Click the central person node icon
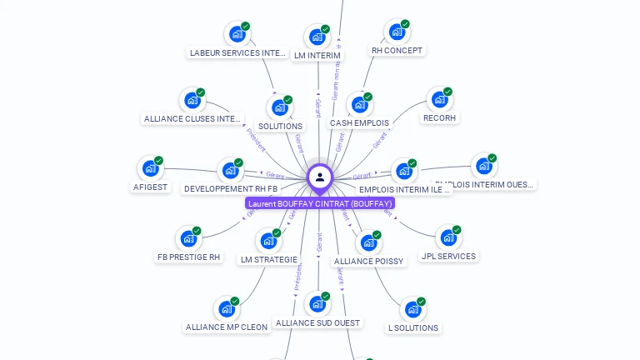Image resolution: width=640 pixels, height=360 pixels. (320, 177)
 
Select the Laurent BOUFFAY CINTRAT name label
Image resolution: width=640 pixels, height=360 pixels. (320, 203)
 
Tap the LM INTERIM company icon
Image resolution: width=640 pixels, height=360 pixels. (317, 37)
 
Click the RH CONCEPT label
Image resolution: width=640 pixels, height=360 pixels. (397, 51)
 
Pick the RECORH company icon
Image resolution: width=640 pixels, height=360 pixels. (439, 100)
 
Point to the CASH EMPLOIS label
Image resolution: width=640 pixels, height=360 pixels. (359, 123)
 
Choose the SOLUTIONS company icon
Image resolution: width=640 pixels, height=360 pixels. (279, 108)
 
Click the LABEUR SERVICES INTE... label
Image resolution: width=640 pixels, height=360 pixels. (237, 53)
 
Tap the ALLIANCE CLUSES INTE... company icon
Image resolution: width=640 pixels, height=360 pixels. (192, 101)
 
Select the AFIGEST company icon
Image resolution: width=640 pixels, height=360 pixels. (150, 169)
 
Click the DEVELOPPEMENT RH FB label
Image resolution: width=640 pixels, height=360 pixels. (231, 189)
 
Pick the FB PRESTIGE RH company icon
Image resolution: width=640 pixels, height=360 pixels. (188, 240)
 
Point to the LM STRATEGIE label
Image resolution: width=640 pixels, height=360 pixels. (268, 260)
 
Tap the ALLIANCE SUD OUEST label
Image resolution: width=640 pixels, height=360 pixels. (317, 323)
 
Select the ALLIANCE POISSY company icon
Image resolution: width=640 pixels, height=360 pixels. (368, 243)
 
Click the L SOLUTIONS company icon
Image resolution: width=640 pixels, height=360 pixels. (412, 310)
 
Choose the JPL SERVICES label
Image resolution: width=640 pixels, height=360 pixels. (448, 257)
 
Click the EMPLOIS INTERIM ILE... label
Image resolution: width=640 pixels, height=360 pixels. (405, 190)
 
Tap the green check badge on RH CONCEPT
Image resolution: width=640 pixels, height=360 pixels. (405, 24)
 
